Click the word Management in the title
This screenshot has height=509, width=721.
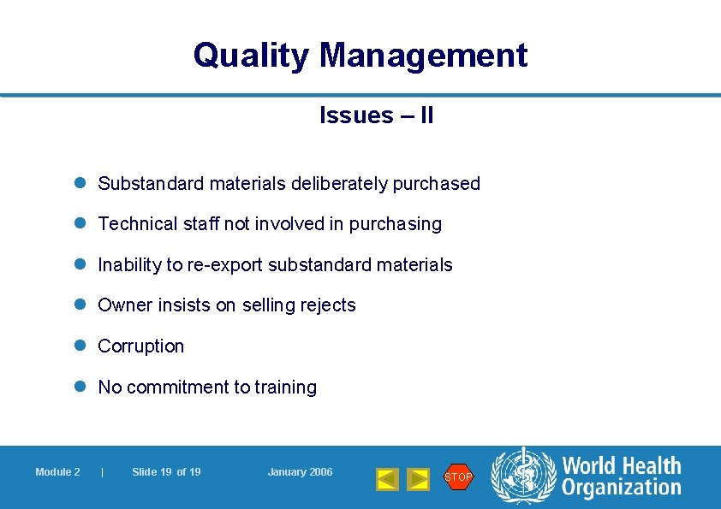pos(424,56)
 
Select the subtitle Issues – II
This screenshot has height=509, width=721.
pos(377,115)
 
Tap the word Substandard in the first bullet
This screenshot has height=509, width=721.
pos(149,183)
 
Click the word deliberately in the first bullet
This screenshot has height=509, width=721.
pos(339,183)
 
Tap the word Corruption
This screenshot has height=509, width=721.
pos(141,346)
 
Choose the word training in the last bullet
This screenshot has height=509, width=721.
pos(285,388)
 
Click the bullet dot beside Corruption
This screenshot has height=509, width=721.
pos(80,346)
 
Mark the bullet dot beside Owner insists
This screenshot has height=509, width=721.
pos(80,305)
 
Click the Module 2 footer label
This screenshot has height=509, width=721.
pos(57,472)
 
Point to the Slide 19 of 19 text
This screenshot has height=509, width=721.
pos(166,472)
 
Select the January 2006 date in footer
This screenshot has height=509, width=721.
pos(300,472)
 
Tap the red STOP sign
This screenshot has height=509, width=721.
pos(458,476)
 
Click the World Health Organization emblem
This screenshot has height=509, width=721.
pos(522,476)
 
